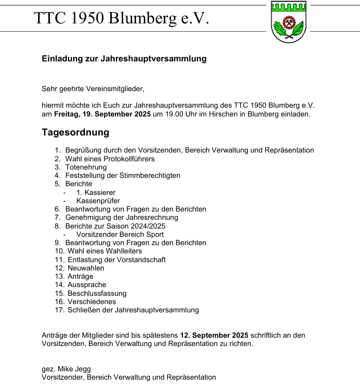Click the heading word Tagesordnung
pyautogui.click(x=76, y=133)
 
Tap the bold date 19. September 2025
pyautogui.click(x=116, y=114)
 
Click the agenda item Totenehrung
pyautogui.click(x=86, y=167)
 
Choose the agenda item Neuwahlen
pyautogui.click(x=86, y=268)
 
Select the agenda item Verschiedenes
pyautogui.click(x=92, y=302)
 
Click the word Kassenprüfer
pyautogui.click(x=98, y=201)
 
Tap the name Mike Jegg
pyautogui.click(x=74, y=369)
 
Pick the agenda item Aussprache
pyautogui.click(x=87, y=285)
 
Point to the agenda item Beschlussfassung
pyautogui.click(x=97, y=293)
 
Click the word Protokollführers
pyautogui.click(x=127, y=159)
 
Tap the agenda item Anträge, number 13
pyautogui.click(x=80, y=276)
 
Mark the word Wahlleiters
pyautogui.click(x=124, y=251)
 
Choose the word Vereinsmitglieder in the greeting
pyautogui.click(x=114, y=89)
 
